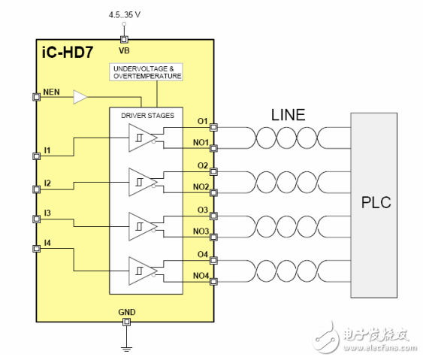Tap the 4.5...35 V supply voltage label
(124, 13)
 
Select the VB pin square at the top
(125, 39)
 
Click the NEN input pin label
(52, 91)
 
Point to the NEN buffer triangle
(80, 96)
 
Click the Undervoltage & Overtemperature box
(147, 72)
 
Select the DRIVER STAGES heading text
(147, 115)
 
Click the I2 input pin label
(47, 183)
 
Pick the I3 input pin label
(47, 213)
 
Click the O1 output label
(202, 119)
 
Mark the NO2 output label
(201, 186)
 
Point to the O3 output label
(202, 209)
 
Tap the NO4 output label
(201, 276)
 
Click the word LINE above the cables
(288, 115)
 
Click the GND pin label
(127, 311)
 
